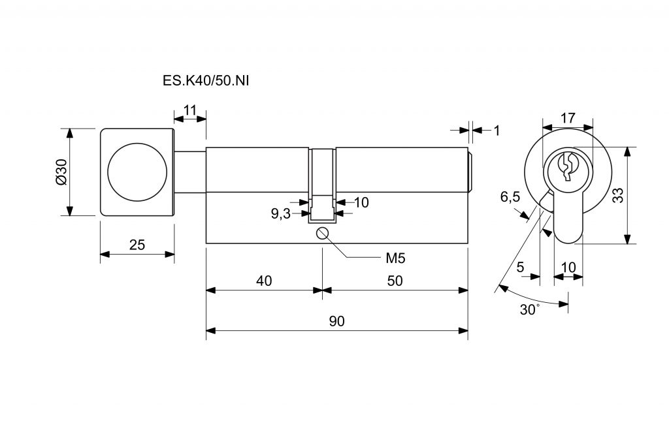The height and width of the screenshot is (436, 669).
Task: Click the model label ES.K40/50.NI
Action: [206, 82]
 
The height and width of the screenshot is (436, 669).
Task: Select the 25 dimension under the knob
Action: [137, 245]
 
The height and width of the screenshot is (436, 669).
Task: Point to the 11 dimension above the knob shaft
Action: [190, 109]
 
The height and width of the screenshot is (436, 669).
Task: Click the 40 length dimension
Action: [264, 281]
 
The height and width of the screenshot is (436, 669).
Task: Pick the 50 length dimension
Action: [395, 281]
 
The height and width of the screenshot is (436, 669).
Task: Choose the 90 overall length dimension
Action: [337, 321]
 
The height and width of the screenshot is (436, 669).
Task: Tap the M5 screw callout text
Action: [395, 258]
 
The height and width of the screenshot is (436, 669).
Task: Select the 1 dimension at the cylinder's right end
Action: [497, 131]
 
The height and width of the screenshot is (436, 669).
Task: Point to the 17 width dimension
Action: [568, 118]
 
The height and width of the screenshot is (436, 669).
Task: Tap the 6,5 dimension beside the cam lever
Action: [510, 197]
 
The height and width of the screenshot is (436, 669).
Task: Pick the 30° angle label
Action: [529, 309]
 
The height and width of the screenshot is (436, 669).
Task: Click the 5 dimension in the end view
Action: [520, 266]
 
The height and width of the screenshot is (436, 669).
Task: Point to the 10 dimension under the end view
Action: [568, 266]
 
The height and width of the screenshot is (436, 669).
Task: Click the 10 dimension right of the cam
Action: [361, 202]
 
